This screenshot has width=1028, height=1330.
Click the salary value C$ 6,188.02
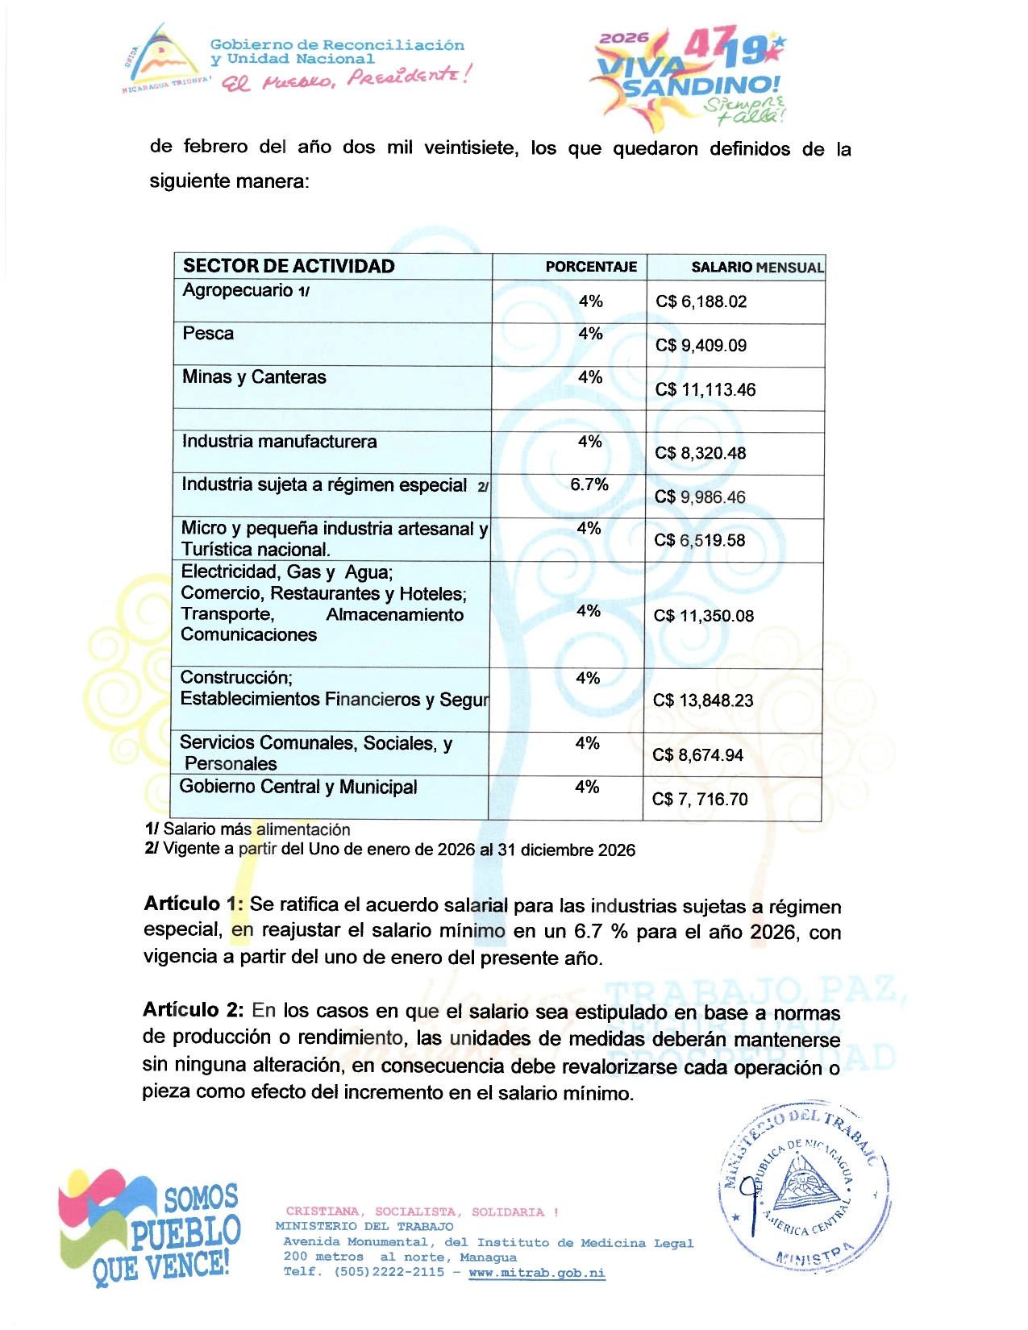[x=701, y=301]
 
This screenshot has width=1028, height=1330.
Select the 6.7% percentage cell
[x=589, y=484]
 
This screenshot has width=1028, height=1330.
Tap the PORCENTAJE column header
[x=591, y=267]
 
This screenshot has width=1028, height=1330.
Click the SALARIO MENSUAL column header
[x=757, y=267]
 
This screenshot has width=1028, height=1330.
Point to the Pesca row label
[x=208, y=334]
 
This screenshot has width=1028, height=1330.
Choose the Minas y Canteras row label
[x=254, y=377]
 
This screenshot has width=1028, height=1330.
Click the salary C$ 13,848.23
[x=703, y=700]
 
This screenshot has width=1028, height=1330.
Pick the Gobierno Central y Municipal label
[x=298, y=787]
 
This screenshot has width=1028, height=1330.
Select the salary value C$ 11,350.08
[x=703, y=616]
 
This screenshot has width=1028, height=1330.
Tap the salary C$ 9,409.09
[x=701, y=346]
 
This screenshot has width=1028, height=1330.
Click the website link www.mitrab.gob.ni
[x=536, y=1273]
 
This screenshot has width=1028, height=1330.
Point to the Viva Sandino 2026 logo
[x=689, y=78]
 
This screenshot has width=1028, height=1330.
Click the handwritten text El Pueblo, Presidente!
[x=346, y=78]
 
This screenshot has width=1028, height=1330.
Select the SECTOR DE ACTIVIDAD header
[x=289, y=266]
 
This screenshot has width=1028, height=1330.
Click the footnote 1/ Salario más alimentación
[x=248, y=829]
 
